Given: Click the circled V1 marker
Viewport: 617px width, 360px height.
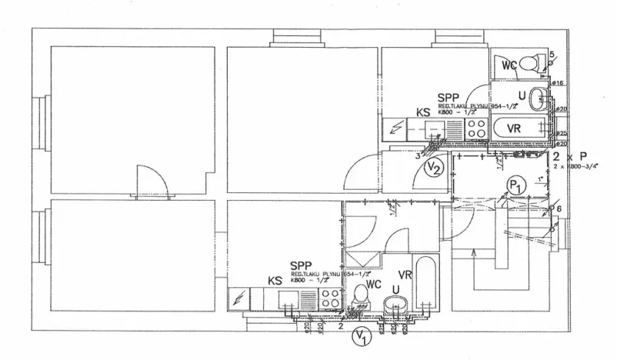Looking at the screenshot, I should [x=359, y=335].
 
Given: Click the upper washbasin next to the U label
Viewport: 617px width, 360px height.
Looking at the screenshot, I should [x=541, y=97].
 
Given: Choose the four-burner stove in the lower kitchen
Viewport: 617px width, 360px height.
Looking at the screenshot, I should [x=330, y=298].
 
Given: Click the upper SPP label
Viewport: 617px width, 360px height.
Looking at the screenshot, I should [x=447, y=98].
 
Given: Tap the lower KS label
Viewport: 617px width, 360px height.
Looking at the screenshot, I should [x=275, y=282].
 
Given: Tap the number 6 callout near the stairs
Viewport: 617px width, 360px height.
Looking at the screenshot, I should [x=559, y=208].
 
